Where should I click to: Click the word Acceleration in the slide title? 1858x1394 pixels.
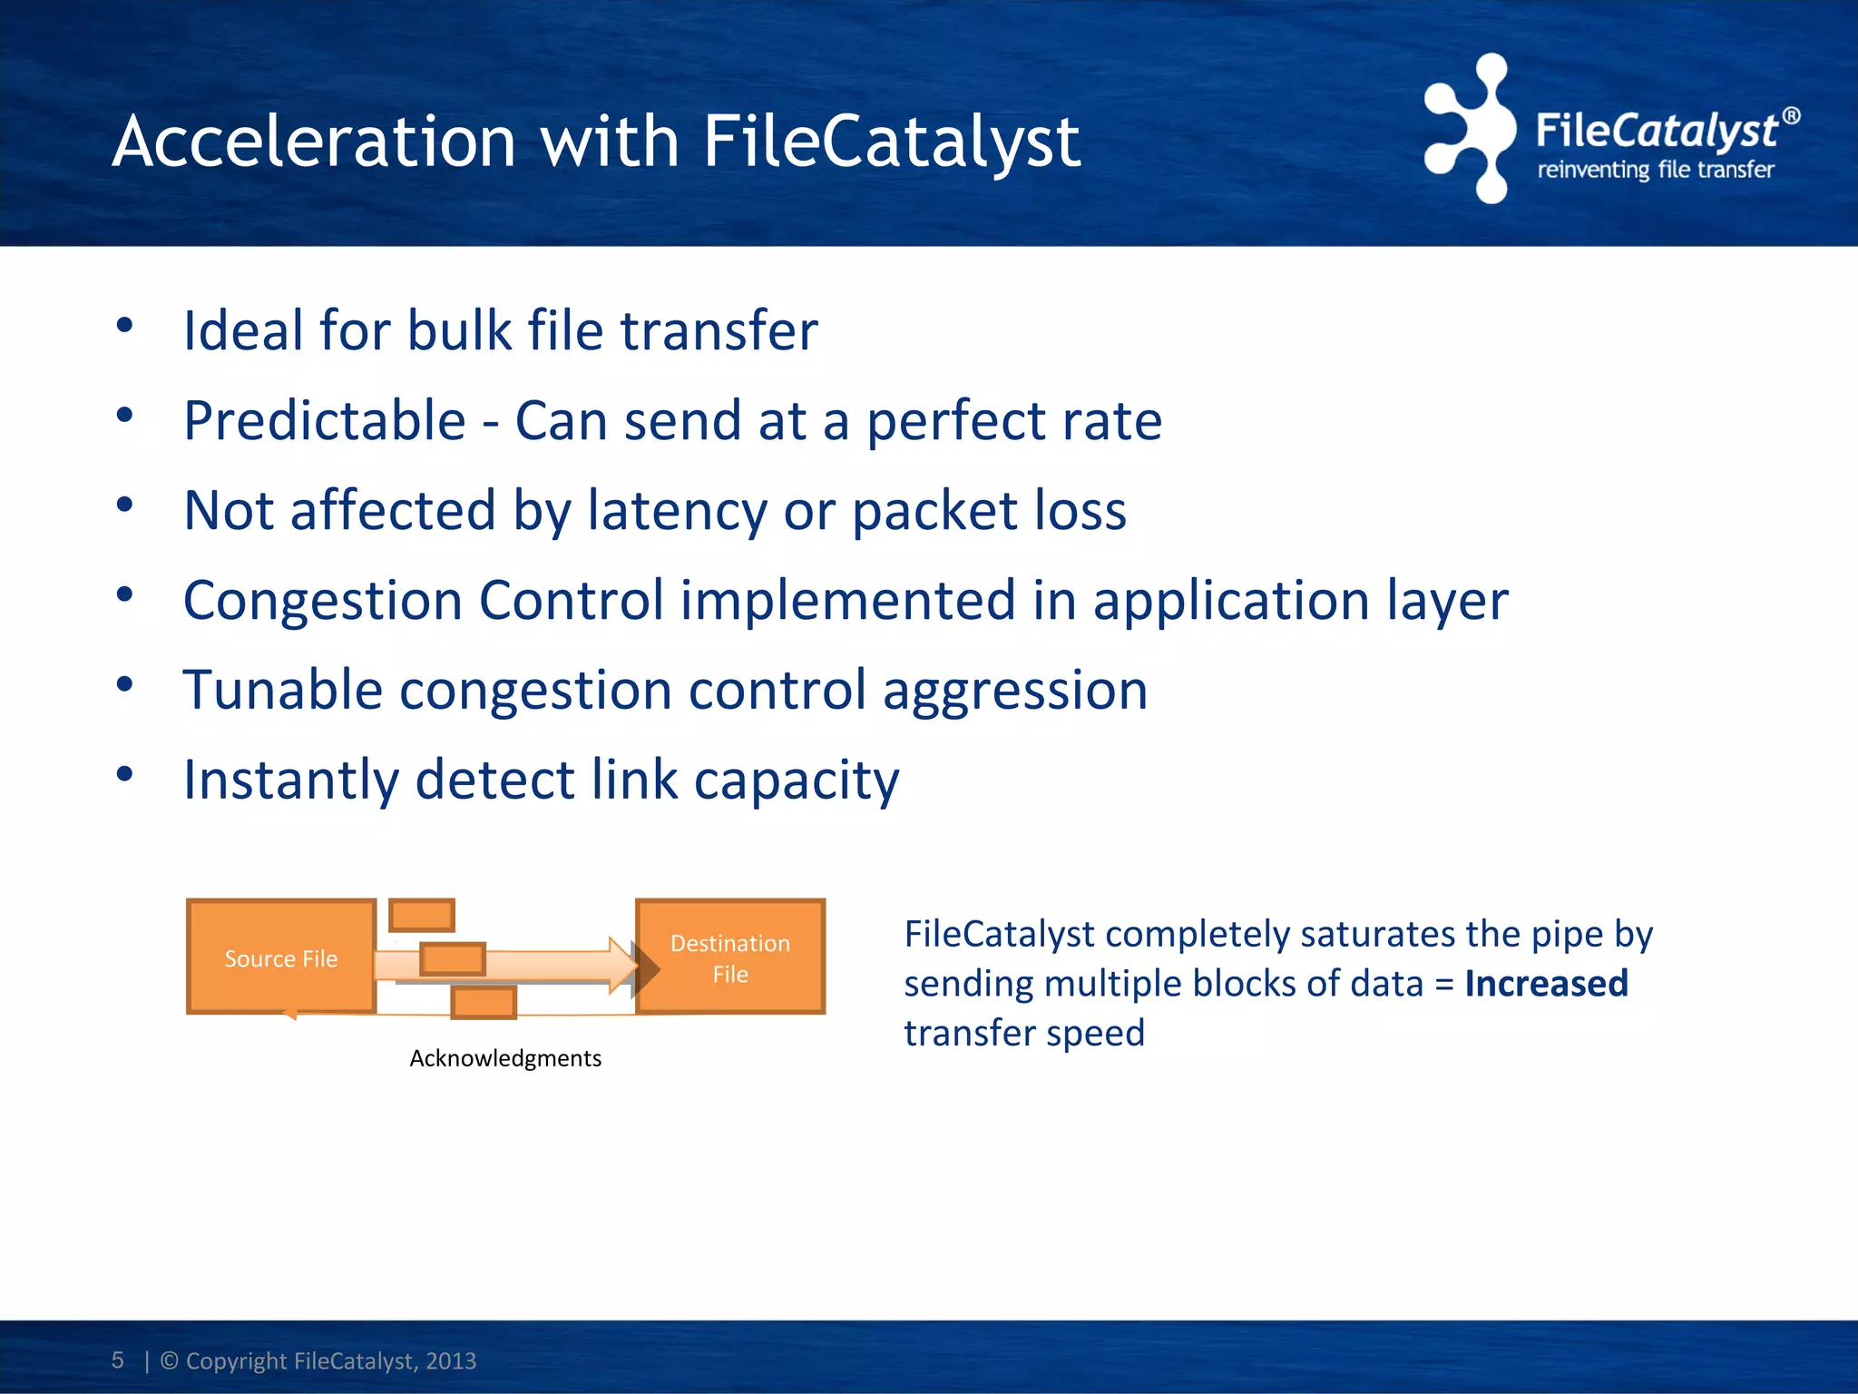(x=314, y=142)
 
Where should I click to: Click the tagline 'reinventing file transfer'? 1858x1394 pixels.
(x=1655, y=170)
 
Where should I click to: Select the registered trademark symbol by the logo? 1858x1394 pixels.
(x=1791, y=116)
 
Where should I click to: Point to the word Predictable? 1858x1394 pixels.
(x=325, y=421)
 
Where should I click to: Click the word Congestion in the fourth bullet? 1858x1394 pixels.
(x=323, y=601)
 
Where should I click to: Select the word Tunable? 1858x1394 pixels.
(x=282, y=690)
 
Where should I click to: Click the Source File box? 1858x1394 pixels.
(x=281, y=957)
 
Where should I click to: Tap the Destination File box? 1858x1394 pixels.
(x=730, y=957)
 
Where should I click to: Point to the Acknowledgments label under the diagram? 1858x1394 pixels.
(x=505, y=1058)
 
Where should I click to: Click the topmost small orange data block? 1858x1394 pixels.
(x=422, y=916)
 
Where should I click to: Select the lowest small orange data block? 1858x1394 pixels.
(x=484, y=1003)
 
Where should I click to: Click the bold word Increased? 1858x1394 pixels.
(x=1546, y=984)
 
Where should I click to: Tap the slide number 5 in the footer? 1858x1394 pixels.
(x=117, y=1360)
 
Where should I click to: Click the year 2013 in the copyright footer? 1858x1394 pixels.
(x=451, y=1360)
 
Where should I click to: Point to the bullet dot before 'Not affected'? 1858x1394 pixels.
(x=125, y=506)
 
